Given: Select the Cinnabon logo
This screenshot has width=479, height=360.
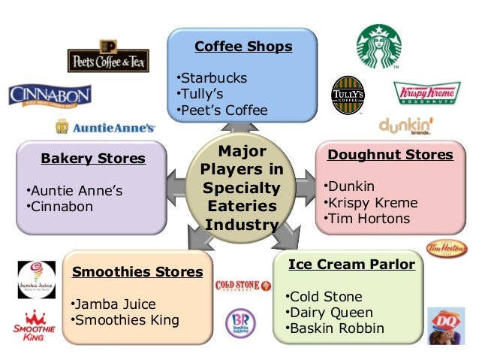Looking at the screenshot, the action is coord(50,95).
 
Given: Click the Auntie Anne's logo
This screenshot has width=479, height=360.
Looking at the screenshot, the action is coord(105,127).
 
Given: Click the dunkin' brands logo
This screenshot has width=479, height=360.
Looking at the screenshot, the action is coord(406,126).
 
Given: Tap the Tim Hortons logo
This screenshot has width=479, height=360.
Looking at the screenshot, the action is coord(446,248).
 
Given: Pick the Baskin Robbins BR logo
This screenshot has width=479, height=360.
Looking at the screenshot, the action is coord(243,322).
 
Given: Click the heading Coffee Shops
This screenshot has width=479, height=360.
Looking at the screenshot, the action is coord(243,47).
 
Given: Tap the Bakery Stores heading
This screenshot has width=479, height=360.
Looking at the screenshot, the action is coord(93,159).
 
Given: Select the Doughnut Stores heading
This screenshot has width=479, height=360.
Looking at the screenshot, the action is coord(390,155).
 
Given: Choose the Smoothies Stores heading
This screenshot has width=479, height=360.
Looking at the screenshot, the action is coord(137,272).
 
